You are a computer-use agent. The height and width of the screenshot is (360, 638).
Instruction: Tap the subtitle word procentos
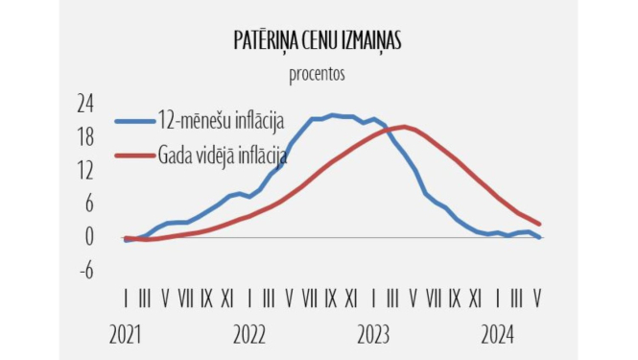(x=317, y=73)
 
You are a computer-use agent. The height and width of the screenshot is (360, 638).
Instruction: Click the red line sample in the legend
(x=134, y=155)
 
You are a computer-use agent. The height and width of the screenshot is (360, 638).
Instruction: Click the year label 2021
(x=126, y=335)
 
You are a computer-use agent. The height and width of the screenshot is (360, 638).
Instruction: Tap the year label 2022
(x=249, y=335)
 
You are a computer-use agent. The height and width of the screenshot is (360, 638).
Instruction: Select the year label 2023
(x=374, y=335)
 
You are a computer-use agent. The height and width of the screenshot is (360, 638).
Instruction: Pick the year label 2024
(x=498, y=335)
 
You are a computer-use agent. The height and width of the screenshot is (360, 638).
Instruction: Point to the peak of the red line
(x=403, y=127)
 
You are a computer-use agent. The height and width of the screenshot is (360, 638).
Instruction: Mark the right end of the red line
(x=540, y=224)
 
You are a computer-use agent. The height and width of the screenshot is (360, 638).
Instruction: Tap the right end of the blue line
(x=540, y=237)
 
